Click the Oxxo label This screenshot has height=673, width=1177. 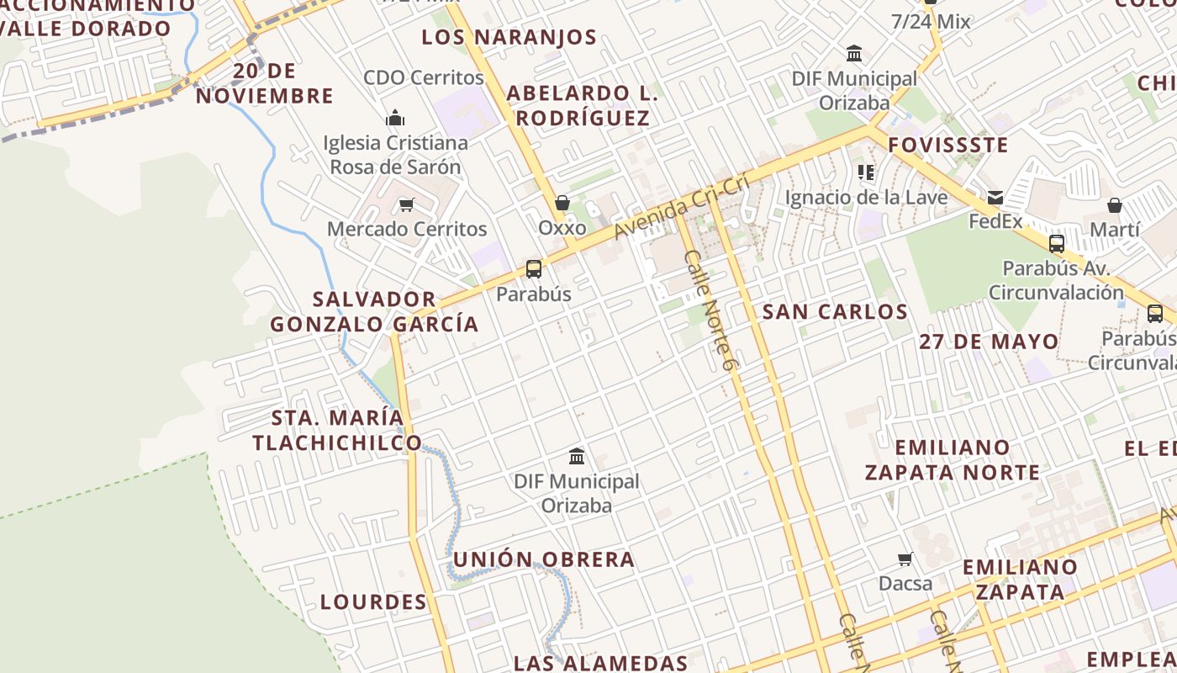click(x=562, y=228)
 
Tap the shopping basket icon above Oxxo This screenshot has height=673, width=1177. click(x=562, y=203)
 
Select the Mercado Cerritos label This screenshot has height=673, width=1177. click(x=407, y=229)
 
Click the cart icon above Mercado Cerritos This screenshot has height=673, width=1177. click(x=407, y=204)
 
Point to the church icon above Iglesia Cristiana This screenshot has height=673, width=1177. click(x=394, y=118)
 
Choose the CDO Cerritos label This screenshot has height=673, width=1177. click(x=424, y=77)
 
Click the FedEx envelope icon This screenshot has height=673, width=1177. click(x=995, y=198)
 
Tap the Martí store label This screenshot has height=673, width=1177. click(x=1115, y=230)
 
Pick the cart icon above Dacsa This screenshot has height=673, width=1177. click(x=905, y=559)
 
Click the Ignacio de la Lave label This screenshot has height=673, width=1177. click(x=866, y=198)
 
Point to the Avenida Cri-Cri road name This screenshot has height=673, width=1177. click(x=682, y=206)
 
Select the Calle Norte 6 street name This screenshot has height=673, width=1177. click(x=710, y=311)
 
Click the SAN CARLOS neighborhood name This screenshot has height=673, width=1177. click(x=835, y=312)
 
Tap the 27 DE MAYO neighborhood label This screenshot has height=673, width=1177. click(x=989, y=342)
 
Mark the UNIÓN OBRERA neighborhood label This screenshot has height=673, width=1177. click(x=544, y=559)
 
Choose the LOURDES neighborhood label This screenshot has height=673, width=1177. click(x=374, y=602)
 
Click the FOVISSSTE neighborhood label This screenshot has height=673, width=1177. click(x=948, y=145)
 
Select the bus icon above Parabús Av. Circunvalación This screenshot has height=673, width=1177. click(x=1057, y=244)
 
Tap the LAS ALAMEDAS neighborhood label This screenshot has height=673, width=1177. click(x=601, y=663)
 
